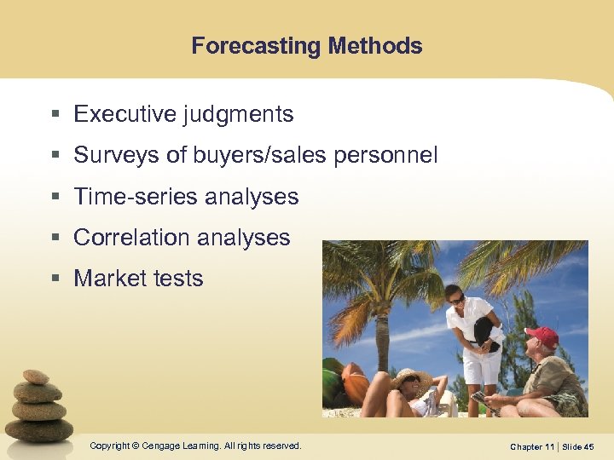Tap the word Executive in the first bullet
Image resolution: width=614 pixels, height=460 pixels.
coord(124,114)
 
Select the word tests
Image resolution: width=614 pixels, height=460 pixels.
coord(177,279)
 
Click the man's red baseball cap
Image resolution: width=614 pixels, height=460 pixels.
coord(542,336)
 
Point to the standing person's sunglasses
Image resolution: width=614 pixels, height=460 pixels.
coord(457,300)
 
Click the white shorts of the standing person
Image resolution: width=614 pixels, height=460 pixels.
coord(481,366)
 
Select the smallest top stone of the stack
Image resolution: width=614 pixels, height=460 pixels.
coord(35,377)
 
